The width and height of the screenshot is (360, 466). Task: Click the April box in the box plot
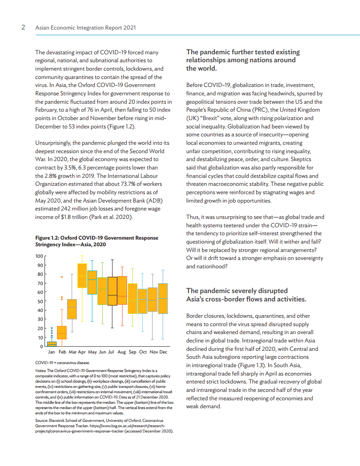click(x=82, y=275)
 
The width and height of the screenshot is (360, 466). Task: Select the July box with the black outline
click(x=112, y=291)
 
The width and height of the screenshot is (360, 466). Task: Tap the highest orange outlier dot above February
click(x=62, y=277)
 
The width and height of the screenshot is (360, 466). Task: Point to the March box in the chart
click(x=72, y=309)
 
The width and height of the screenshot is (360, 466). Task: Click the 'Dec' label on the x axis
click(x=163, y=352)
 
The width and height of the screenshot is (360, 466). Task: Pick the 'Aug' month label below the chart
click(x=122, y=352)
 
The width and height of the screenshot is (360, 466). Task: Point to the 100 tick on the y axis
click(x=39, y=256)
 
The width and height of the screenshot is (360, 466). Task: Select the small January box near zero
click(x=52, y=343)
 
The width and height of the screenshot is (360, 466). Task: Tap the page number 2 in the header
click(x=23, y=27)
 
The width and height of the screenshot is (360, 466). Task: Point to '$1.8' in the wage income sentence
click(x=68, y=217)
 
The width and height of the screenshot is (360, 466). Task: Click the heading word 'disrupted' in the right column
click(x=273, y=290)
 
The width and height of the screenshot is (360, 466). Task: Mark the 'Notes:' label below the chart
click(x=41, y=370)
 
